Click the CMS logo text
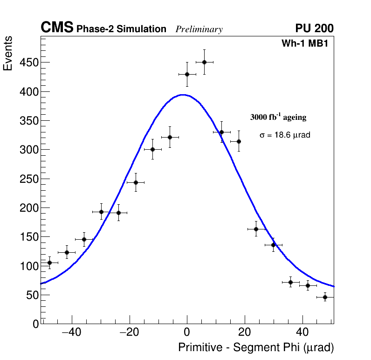[x=57, y=28]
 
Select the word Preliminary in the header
[x=199, y=29]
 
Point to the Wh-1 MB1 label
[x=308, y=43]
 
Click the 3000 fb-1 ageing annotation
[x=278, y=117]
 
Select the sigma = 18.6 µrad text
[x=285, y=135]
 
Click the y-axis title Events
[x=8, y=53]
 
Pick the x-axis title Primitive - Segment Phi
[x=256, y=347]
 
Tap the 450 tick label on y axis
[x=29, y=62]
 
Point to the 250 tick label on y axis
[x=29, y=179]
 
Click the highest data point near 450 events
[x=204, y=62]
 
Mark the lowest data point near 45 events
[x=325, y=297]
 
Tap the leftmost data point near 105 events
[x=49, y=263]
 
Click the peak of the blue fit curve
[x=183, y=95]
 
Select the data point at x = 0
[x=187, y=74]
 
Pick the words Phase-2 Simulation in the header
[x=121, y=29]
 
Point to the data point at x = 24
[x=256, y=229]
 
